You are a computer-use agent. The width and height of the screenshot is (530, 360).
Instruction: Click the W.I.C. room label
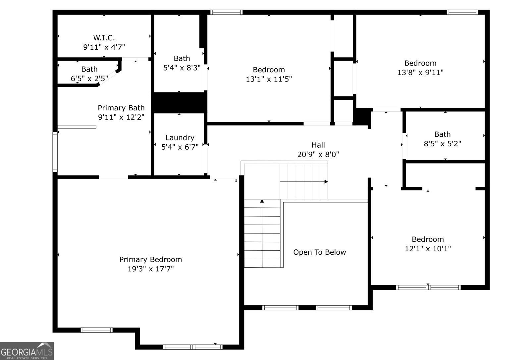[x=104, y=38]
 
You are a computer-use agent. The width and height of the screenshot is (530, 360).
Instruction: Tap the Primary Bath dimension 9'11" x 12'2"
[x=121, y=117]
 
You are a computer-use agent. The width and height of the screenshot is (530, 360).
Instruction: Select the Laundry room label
[x=180, y=138]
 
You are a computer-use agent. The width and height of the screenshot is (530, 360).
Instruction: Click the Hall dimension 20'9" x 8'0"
[x=318, y=154]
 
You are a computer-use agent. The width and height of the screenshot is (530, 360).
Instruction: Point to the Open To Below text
[x=319, y=252]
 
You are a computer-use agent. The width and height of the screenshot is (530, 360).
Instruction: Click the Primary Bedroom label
[x=151, y=260]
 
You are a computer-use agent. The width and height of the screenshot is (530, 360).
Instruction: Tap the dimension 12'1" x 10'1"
[x=428, y=249]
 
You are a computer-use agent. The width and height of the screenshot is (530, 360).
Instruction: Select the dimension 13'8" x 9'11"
[x=420, y=73]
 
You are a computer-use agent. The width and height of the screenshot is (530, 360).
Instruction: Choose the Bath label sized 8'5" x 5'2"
[x=442, y=134]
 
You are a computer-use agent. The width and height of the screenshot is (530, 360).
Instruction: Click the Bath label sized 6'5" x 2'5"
[x=89, y=69]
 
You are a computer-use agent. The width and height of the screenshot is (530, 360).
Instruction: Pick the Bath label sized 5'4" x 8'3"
[x=182, y=59]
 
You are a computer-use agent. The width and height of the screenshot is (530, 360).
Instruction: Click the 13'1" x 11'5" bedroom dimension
[x=269, y=79]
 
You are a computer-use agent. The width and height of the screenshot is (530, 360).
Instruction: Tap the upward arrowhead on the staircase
[x=262, y=201]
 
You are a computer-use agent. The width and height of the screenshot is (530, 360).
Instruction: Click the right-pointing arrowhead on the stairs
[x=326, y=182]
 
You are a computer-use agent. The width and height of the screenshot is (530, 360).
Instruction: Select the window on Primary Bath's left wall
[x=55, y=152]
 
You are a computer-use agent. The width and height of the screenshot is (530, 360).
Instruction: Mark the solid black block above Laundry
[x=179, y=103]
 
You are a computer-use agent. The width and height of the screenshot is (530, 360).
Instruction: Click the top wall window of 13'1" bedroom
[x=227, y=12]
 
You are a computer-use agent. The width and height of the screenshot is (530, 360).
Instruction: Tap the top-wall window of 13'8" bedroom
[x=462, y=12]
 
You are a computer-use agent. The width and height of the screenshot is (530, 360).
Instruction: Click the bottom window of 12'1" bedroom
[x=428, y=287]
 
